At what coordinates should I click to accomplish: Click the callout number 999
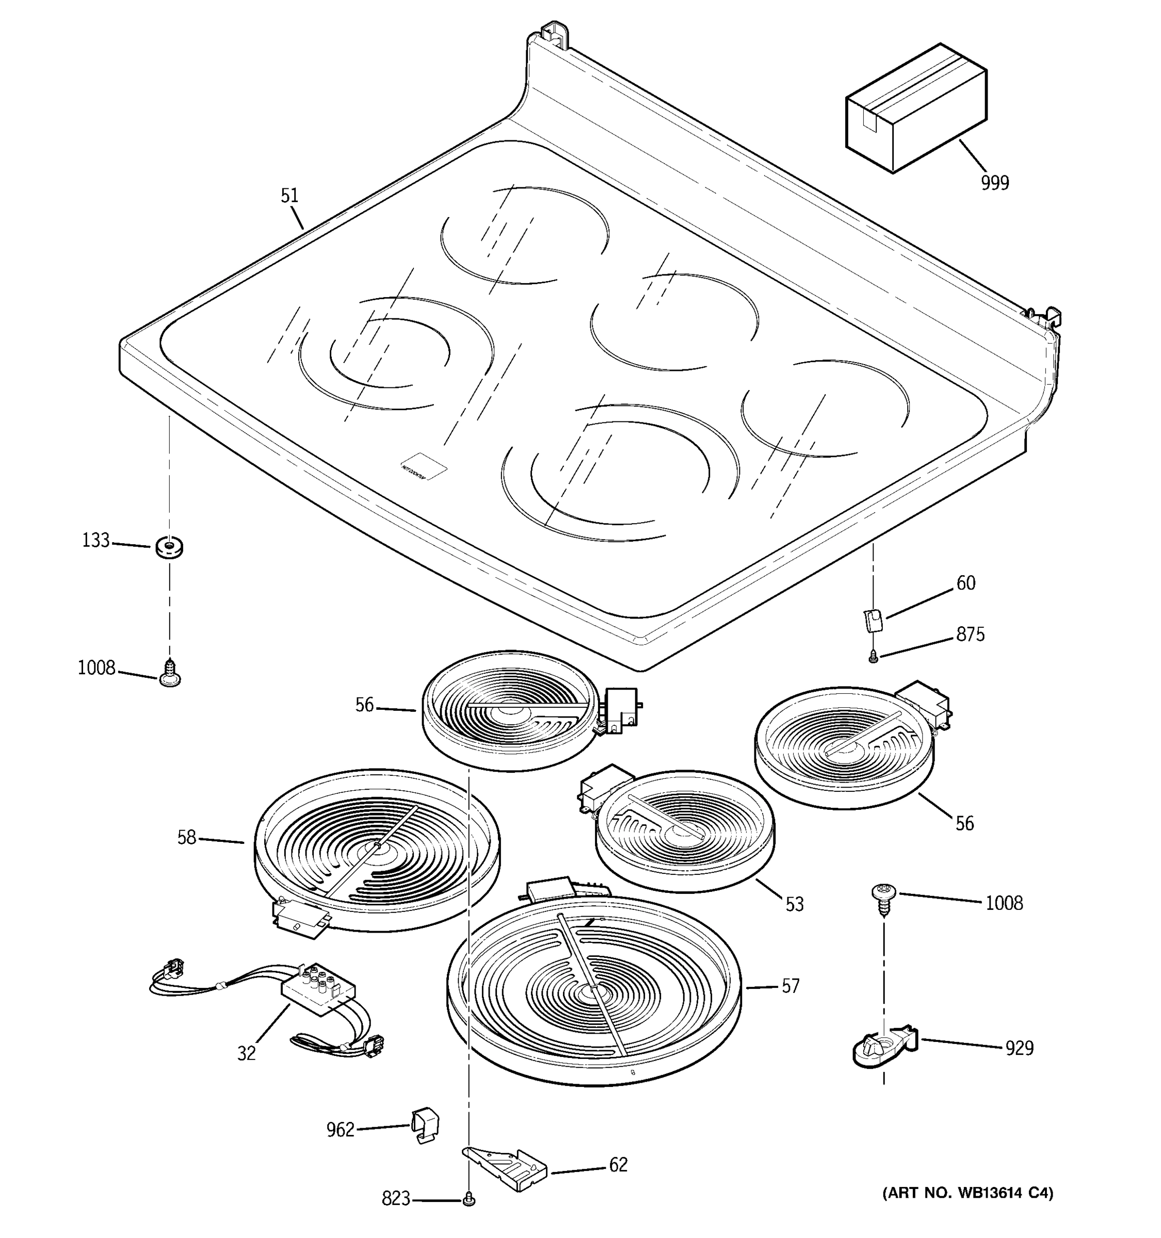(x=995, y=183)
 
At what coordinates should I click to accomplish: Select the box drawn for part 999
(x=915, y=109)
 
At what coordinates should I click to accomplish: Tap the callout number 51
(x=289, y=196)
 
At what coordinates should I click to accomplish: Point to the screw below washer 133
(x=169, y=674)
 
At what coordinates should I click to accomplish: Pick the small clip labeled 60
(x=873, y=621)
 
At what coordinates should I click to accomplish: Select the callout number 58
(x=187, y=838)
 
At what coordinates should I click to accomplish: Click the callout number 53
(x=794, y=904)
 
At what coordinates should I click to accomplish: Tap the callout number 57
(x=791, y=986)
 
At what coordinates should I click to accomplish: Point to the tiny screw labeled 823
(x=470, y=1199)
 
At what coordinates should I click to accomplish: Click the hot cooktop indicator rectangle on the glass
(x=424, y=466)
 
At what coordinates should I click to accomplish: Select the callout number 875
(x=971, y=634)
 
